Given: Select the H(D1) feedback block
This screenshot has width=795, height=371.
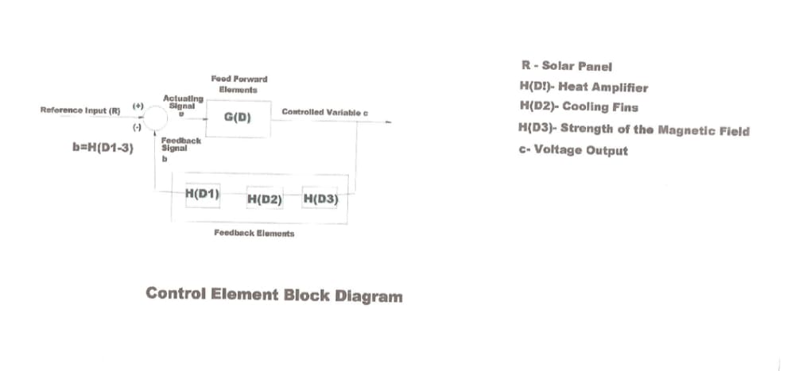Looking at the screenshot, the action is click(x=202, y=194).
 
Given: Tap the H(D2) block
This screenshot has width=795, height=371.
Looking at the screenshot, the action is click(x=265, y=199).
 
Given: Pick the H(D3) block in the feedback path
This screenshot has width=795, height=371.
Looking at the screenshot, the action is click(x=320, y=199).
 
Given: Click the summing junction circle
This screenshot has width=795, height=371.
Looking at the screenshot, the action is click(x=155, y=119).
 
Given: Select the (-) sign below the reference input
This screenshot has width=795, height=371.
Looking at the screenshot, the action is click(x=137, y=127).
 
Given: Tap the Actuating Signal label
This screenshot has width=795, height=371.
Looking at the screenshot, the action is click(x=183, y=102).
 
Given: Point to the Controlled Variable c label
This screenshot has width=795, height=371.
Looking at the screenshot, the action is click(x=324, y=113).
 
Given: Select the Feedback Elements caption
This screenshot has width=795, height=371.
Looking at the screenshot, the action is click(x=254, y=234).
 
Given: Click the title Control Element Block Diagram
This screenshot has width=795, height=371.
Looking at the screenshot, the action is click(x=273, y=295).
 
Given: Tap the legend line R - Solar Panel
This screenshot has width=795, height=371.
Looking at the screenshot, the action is click(x=566, y=67).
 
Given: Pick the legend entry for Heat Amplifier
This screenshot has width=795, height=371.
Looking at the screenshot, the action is click(x=582, y=87).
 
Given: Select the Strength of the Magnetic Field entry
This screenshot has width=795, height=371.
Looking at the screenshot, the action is click(x=633, y=130).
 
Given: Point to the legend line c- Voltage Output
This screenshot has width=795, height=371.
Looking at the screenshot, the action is click(x=572, y=150).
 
